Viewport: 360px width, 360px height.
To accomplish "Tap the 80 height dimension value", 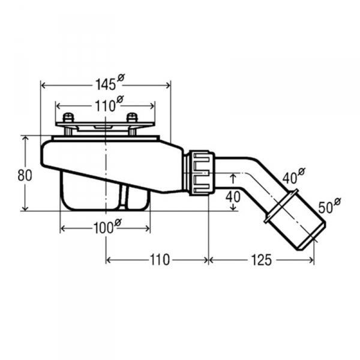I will click(x=24, y=175).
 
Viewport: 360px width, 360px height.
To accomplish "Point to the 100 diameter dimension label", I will click(x=106, y=227).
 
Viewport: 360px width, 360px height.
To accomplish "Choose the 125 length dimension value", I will click(x=262, y=260).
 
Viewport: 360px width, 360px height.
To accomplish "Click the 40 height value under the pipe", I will click(x=233, y=196).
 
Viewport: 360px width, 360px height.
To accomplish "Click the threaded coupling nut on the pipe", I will click(x=200, y=173).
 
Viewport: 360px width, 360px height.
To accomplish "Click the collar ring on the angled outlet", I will click(x=280, y=205).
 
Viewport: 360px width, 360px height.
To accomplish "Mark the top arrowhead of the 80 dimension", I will click(x=25, y=137).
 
